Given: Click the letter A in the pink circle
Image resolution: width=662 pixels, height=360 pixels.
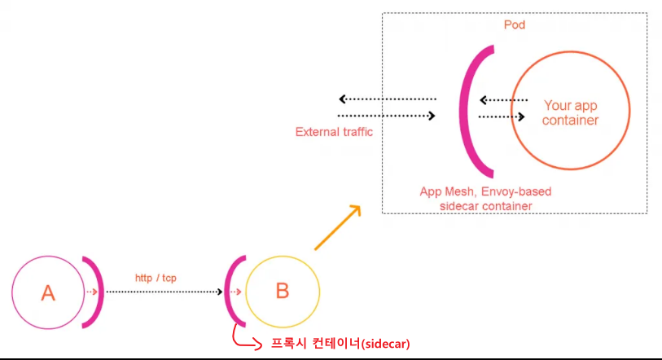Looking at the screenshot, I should point(47,292).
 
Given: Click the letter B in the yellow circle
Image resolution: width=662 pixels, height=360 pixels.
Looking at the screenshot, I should point(283,291).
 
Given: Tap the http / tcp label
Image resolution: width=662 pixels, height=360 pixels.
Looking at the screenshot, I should point(156,278).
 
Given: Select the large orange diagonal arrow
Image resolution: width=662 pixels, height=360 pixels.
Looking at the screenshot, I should point(337,226).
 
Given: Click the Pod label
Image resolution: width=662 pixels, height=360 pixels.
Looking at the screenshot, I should point(515,25).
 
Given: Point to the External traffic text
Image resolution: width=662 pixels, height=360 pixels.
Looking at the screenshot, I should point(334,131).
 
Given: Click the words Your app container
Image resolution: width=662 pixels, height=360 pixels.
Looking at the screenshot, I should point(571,112).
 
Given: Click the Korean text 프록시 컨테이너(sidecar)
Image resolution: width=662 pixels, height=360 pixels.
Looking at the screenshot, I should point(340,344).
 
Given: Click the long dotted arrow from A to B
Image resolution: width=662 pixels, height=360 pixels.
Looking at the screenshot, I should point(163,292).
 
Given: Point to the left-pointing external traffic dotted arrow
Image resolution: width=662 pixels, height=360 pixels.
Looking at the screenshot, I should point(387,99).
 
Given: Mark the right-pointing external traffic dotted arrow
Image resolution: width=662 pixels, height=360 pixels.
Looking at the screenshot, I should point(387,116).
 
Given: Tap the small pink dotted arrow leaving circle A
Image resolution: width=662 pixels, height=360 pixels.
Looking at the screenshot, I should point(91,292).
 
